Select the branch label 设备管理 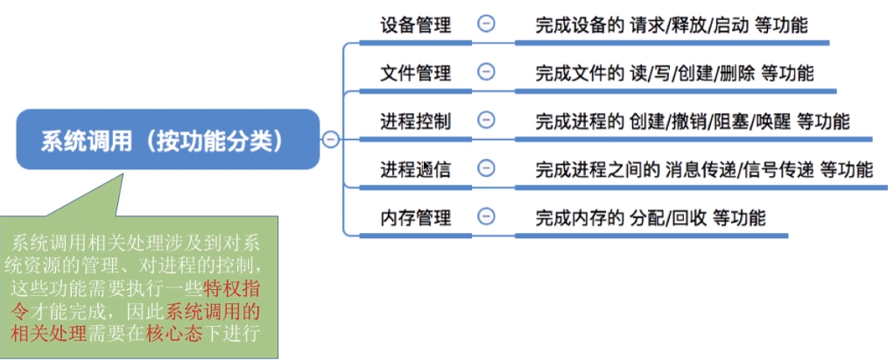click(416, 25)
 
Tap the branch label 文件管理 click(416, 73)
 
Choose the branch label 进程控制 click(416, 121)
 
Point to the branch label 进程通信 click(416, 169)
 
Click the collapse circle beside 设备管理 click(486, 25)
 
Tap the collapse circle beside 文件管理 click(486, 72)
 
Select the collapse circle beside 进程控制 click(486, 120)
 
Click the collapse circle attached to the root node click(330, 139)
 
